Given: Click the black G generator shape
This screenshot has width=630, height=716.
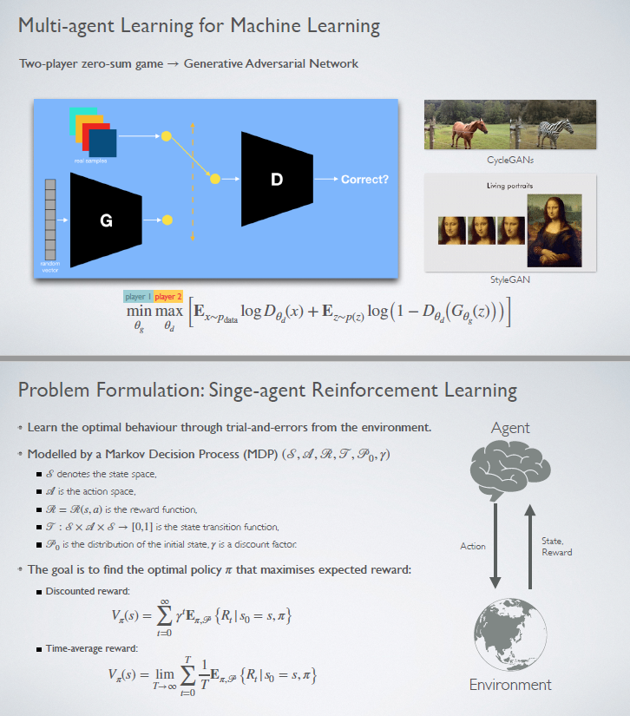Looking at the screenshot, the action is (105, 220).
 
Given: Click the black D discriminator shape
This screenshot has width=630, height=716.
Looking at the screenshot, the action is (276, 180).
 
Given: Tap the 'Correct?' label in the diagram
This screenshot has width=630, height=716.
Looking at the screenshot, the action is (364, 180).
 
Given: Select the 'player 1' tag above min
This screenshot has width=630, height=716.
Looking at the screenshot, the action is (138, 297).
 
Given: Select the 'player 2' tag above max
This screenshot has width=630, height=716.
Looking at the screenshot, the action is (168, 297).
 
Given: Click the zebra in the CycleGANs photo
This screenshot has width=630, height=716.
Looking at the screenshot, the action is (552, 133).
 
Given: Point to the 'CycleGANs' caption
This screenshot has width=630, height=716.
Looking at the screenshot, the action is (509, 160).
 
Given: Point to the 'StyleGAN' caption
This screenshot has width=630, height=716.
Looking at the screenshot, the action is (509, 280).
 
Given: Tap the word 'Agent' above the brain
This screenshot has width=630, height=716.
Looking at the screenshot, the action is (510, 428).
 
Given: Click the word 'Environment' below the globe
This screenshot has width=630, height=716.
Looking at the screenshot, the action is (510, 685).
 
